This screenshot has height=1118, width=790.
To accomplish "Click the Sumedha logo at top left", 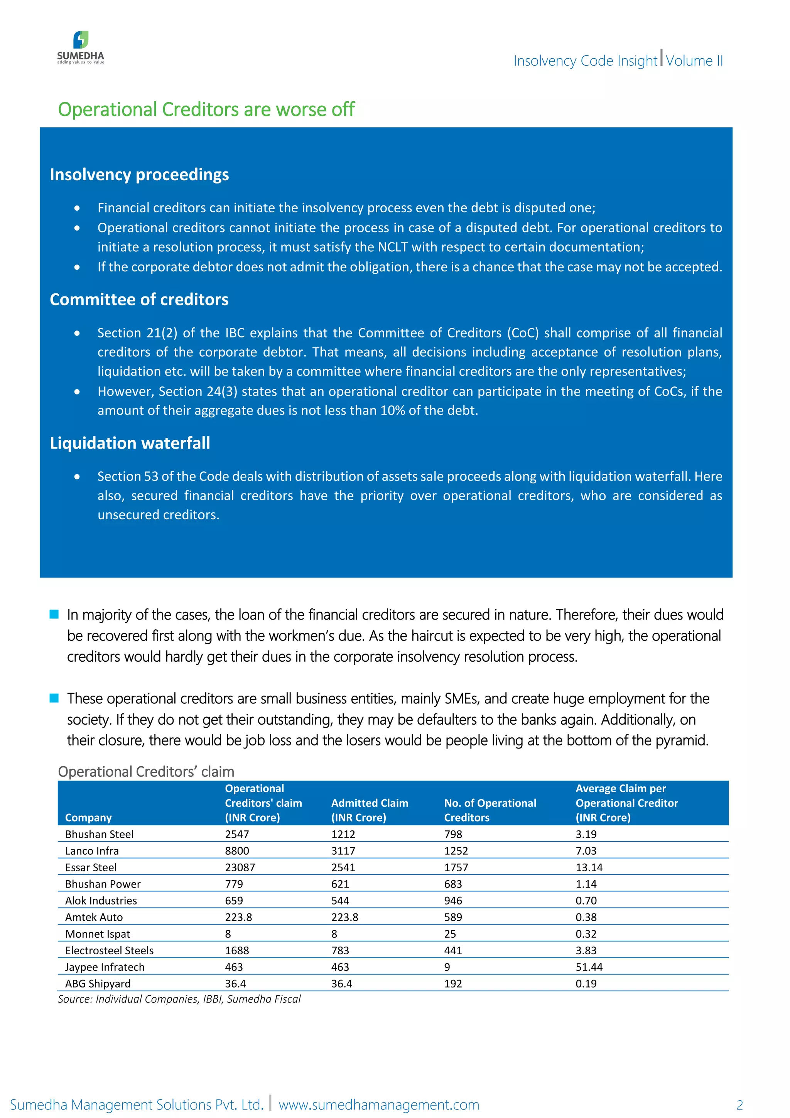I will [81, 47].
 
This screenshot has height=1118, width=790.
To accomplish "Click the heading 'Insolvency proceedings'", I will [139, 174].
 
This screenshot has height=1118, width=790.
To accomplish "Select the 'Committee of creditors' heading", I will [139, 300].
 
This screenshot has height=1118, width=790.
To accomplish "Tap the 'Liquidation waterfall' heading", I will [130, 443].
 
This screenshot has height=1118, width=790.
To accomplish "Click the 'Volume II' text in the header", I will [694, 61].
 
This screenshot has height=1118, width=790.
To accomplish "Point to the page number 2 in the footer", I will [739, 1105].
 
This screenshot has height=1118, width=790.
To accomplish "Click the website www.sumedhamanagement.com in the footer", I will [379, 1104].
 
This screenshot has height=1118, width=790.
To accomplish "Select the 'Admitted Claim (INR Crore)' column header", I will [369, 810].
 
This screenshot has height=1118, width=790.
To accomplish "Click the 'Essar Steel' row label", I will [91, 867].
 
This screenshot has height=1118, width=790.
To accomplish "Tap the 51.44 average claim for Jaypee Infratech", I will [589, 967].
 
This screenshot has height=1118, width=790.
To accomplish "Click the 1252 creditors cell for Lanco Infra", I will [456, 851].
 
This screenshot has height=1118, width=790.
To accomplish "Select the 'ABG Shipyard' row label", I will [98, 984].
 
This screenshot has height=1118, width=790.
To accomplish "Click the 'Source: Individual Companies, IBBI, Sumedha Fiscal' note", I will [179, 999].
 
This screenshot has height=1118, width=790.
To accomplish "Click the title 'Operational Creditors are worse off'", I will [206, 110].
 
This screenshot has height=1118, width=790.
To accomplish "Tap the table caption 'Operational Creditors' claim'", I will [146, 772].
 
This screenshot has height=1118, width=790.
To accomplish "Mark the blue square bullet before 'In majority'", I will [54, 614].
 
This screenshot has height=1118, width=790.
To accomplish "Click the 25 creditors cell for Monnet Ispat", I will [450, 934].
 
